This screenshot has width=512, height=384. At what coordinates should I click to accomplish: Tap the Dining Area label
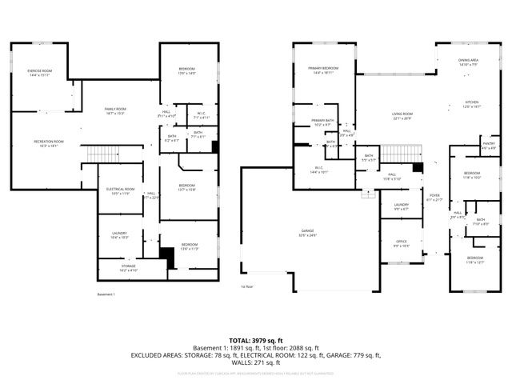(x=468, y=62)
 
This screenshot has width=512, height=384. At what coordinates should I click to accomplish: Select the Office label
(x=401, y=244)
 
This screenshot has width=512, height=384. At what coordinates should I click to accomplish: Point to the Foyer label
(x=434, y=197)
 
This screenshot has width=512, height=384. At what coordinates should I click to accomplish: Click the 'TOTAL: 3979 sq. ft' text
(x=255, y=340)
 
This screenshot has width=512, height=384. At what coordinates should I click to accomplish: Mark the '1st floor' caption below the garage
(x=248, y=286)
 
